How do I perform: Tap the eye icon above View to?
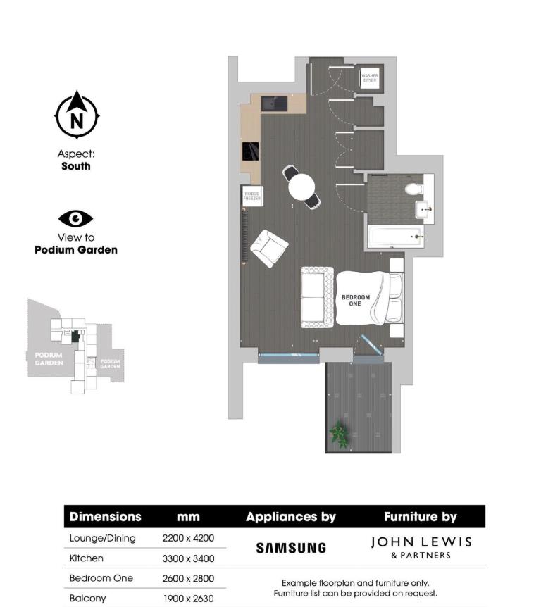coord(75,218)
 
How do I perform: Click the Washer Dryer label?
coord(370,78)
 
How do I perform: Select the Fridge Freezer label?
coord(251,196)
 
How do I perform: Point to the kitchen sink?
coord(274,104)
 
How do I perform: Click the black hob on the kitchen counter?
coord(251,151)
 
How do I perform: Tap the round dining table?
coord(301,187)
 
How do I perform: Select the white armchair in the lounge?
coord(269,248)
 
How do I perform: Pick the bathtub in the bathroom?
coord(393,236)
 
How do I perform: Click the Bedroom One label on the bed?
coord(356,301)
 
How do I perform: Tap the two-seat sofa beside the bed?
coord(318,297)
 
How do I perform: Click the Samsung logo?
coord(291,547)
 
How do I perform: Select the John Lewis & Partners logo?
coord(421,547)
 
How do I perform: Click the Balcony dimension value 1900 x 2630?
coord(188,598)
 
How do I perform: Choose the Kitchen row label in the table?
coord(86,558)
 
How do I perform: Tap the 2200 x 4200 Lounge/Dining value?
coord(188,539)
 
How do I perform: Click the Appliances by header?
coord(291,517)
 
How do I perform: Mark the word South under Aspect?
coord(75,166)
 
